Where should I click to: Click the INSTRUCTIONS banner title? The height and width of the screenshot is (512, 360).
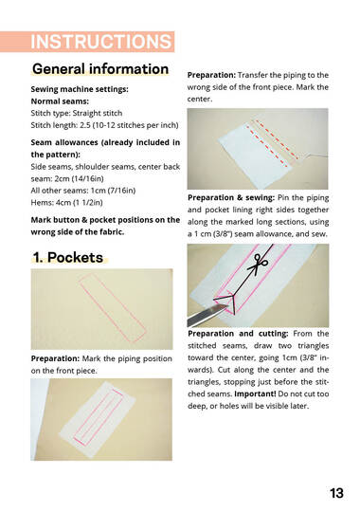[x=100, y=42]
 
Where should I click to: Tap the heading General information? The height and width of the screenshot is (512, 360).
[x=100, y=69]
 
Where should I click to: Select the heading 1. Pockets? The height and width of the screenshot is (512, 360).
[x=68, y=257]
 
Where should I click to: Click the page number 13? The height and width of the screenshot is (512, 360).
[x=336, y=493]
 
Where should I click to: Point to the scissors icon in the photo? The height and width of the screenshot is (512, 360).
[x=258, y=264]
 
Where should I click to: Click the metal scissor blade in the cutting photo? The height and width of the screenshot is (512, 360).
[x=207, y=315]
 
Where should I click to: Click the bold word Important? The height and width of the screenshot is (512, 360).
[x=255, y=393]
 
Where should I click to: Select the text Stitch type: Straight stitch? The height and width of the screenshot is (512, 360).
[x=77, y=114]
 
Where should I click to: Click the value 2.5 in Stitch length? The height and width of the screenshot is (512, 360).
[x=85, y=125]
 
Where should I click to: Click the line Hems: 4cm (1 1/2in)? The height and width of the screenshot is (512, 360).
[x=66, y=203]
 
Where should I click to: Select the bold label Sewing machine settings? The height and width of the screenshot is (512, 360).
[x=80, y=89]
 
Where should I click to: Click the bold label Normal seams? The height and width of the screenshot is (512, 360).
[x=60, y=101]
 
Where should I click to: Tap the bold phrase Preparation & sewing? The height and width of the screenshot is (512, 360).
[x=231, y=197]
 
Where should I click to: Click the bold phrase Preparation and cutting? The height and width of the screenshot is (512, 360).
[x=238, y=334]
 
